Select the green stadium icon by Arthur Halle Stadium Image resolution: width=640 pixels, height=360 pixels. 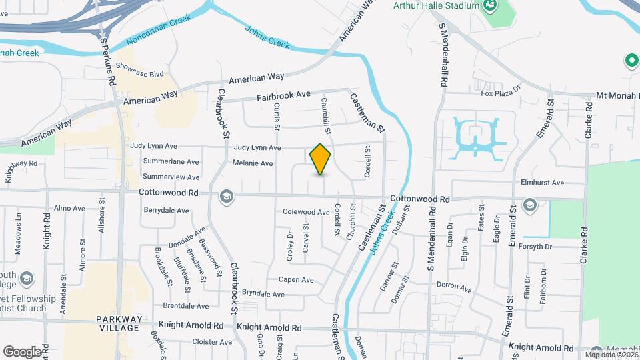(x=491, y=6)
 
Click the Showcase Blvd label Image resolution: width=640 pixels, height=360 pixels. (x=139, y=67)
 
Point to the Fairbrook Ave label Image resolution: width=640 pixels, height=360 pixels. (x=285, y=97)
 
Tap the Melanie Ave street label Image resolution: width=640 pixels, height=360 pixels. (x=253, y=163)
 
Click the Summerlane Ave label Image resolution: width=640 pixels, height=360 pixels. (x=171, y=162)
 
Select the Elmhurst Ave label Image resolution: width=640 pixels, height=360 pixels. (x=543, y=183)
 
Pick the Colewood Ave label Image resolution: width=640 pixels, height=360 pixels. (x=307, y=212)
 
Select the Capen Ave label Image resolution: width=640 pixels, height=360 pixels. (x=296, y=280)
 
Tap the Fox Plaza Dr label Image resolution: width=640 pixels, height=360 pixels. (x=500, y=93)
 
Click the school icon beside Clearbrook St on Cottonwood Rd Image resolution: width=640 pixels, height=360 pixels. (x=226, y=196)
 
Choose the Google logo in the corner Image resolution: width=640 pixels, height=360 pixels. (x=22, y=351)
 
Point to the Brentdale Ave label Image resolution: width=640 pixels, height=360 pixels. (x=187, y=306)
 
